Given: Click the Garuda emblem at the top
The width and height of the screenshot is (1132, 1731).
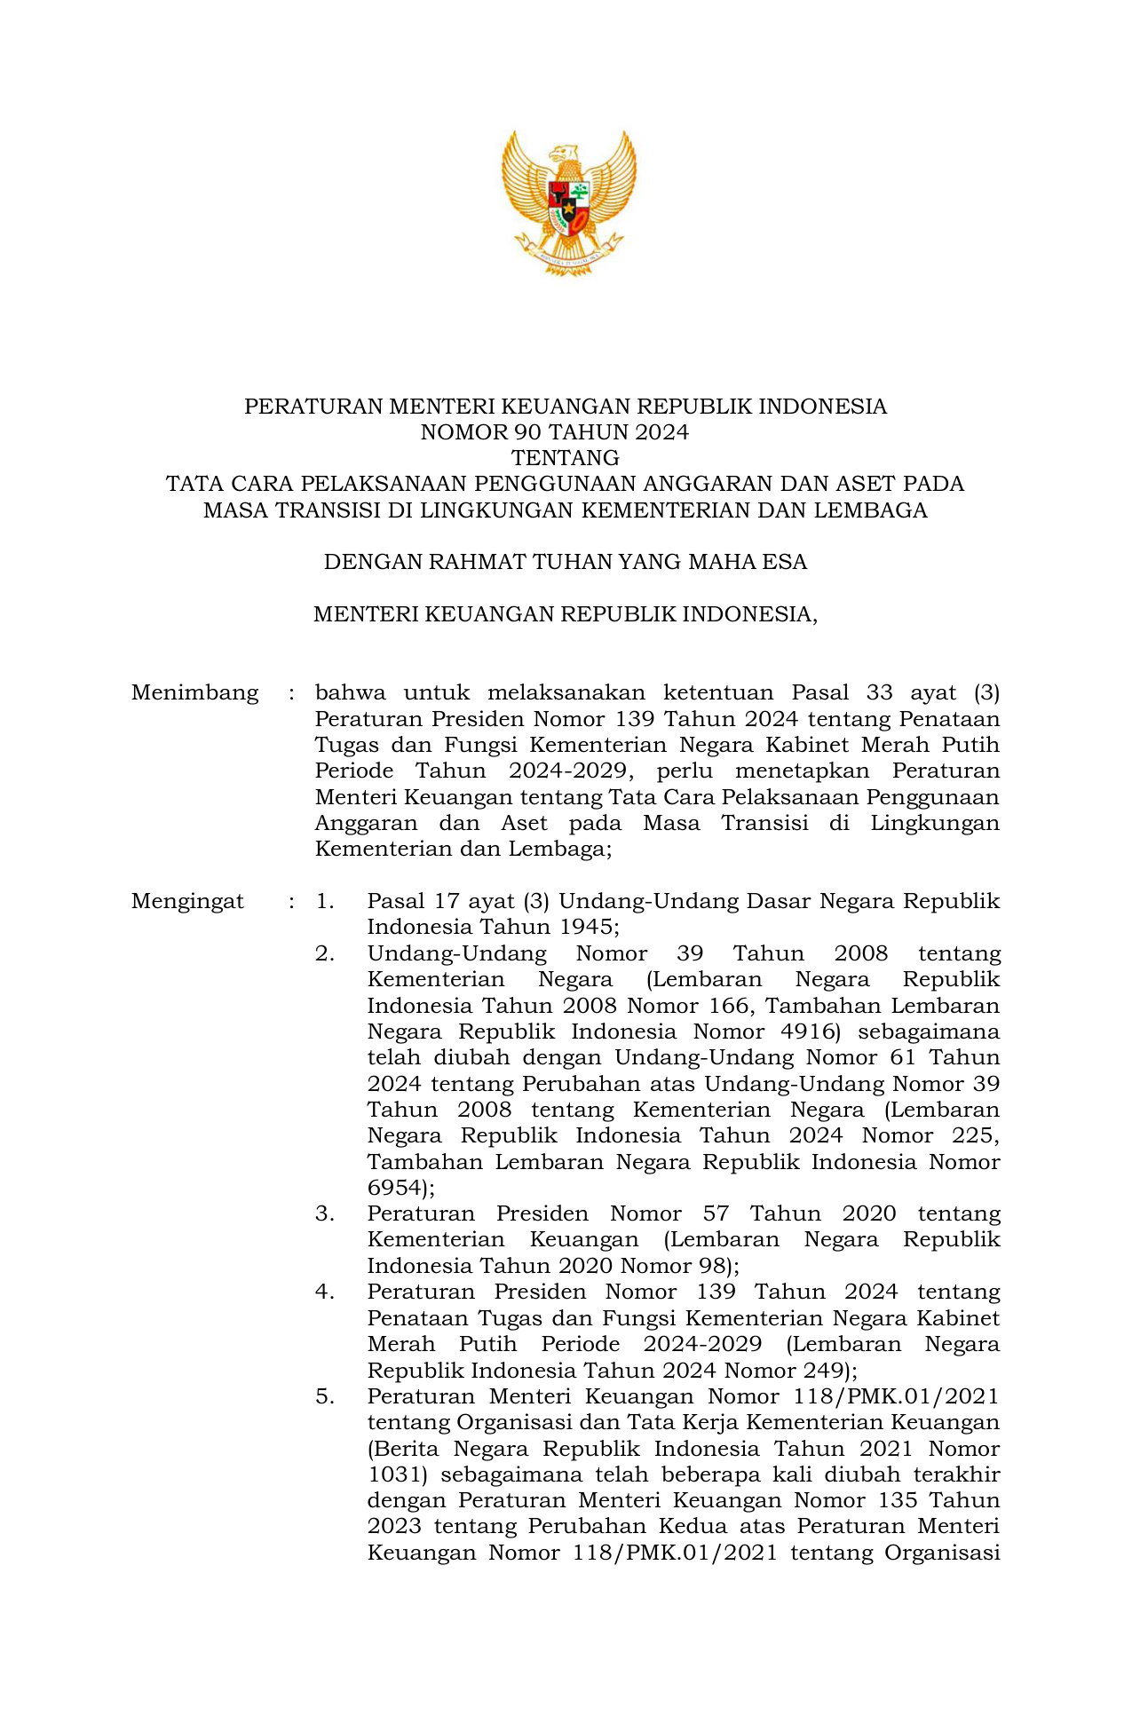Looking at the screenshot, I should (568, 202).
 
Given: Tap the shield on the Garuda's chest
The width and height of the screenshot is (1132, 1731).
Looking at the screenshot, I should (568, 206).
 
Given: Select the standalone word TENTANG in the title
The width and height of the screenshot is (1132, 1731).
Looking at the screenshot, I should (566, 458).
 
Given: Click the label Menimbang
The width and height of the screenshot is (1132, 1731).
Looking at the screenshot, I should (195, 692).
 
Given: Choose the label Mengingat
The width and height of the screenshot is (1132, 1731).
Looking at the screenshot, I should (187, 902).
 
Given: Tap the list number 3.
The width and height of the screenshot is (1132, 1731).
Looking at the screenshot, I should (324, 1213).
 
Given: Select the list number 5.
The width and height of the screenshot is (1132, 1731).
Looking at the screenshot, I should (324, 1396).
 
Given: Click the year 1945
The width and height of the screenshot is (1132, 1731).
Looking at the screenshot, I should (586, 928).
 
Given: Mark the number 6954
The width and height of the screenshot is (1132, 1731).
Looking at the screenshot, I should (395, 1188).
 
